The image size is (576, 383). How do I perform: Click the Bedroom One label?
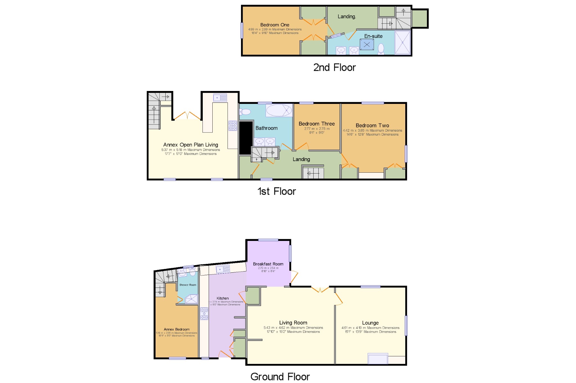(x=274, y=25)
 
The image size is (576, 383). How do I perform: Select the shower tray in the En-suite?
(x=402, y=42)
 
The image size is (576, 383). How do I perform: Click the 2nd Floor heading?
(x=334, y=68)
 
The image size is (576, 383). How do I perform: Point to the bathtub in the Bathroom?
(x=279, y=110)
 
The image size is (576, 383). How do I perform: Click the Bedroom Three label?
(x=316, y=124)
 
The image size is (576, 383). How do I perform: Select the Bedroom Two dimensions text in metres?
(x=372, y=131)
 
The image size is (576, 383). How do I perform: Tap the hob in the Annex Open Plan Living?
(x=233, y=126)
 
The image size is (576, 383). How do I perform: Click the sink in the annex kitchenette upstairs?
(x=220, y=98)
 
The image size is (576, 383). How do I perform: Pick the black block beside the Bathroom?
(x=245, y=138)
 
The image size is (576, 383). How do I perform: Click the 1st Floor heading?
(x=276, y=191)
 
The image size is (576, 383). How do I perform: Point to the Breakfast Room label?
(x=268, y=264)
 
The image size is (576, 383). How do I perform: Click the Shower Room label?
(x=188, y=285)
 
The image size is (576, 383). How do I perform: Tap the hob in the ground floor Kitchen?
(x=204, y=314)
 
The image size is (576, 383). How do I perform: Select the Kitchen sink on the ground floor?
(x=223, y=269)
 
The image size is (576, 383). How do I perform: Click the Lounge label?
(x=370, y=323)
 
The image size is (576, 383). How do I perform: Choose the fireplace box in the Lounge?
(x=378, y=359)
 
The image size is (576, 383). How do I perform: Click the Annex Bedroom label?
(x=177, y=329)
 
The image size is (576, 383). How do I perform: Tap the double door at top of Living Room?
(x=320, y=289)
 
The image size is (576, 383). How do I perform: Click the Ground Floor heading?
(x=280, y=377)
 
